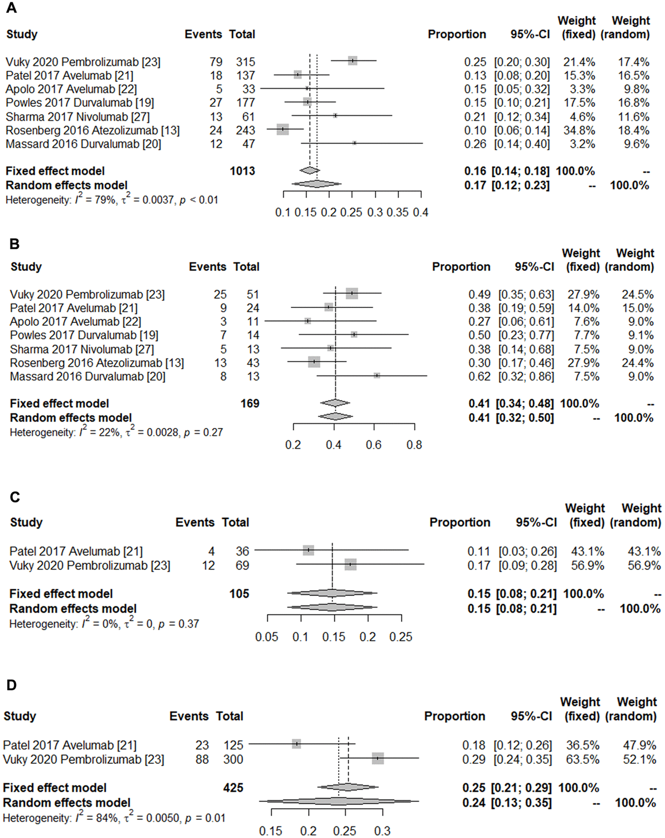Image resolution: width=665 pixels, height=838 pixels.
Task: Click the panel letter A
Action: pyautogui.click(x=11, y=8)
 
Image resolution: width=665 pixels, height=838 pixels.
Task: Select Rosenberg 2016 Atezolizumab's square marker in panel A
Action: pyautogui.click(x=283, y=130)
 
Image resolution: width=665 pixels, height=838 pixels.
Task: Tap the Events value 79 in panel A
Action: pyautogui.click(x=216, y=61)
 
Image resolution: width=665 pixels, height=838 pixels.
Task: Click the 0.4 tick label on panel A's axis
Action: pyautogui.click(x=421, y=212)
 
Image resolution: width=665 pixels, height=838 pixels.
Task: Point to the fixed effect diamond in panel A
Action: pyautogui.click(x=309, y=171)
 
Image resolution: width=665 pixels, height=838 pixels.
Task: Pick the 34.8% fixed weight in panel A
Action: pyautogui.click(x=579, y=130)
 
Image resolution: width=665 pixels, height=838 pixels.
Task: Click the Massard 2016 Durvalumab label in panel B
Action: pyautogui.click(x=88, y=377)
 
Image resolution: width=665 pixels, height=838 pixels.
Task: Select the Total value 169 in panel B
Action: pyautogui.click(x=250, y=403)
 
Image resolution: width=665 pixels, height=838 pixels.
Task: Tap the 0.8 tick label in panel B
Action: pyautogui.click(x=414, y=445)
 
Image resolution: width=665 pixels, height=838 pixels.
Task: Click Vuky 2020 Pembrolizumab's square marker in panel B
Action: pyautogui.click(x=352, y=294)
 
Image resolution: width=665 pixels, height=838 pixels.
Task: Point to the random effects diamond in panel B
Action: pyautogui.click(x=335, y=417)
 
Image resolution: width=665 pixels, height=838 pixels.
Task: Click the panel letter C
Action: pyautogui.click(x=15, y=497)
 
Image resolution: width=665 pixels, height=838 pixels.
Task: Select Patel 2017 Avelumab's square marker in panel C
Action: pyautogui.click(x=309, y=550)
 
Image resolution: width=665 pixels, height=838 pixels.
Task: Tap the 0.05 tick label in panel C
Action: pyautogui.click(x=267, y=637)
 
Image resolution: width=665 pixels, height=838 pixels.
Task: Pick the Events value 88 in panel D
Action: pyautogui.click(x=202, y=759)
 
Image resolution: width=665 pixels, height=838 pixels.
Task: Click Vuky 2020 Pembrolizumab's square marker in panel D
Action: pyautogui.click(x=378, y=758)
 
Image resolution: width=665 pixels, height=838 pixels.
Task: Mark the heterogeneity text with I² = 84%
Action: pyautogui.click(x=114, y=818)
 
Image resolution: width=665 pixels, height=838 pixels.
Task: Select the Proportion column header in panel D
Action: pyautogui.click(x=454, y=716)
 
